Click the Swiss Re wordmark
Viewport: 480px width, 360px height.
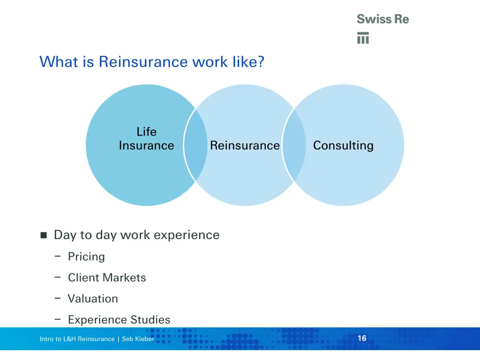[x=382, y=19]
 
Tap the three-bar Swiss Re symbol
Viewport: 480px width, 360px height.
[x=363, y=38]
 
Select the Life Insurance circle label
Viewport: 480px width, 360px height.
[x=146, y=139]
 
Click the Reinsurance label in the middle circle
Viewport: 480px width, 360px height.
[x=245, y=145]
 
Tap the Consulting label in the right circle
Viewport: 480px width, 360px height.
[x=343, y=145]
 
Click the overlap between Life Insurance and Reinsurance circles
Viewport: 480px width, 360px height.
[x=195, y=145]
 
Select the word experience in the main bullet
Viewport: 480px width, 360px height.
[x=190, y=235]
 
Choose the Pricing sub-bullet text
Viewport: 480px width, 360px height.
[x=86, y=257]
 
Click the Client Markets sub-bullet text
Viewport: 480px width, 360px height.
[x=107, y=278]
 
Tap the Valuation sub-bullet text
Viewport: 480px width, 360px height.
[x=93, y=299]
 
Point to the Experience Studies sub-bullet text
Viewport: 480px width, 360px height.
[x=119, y=320]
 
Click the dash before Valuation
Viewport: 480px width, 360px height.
[x=57, y=298]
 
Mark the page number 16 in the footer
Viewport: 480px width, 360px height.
[x=362, y=338]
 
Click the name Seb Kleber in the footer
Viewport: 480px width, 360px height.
[x=138, y=339]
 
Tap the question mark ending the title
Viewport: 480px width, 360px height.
[x=260, y=62]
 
